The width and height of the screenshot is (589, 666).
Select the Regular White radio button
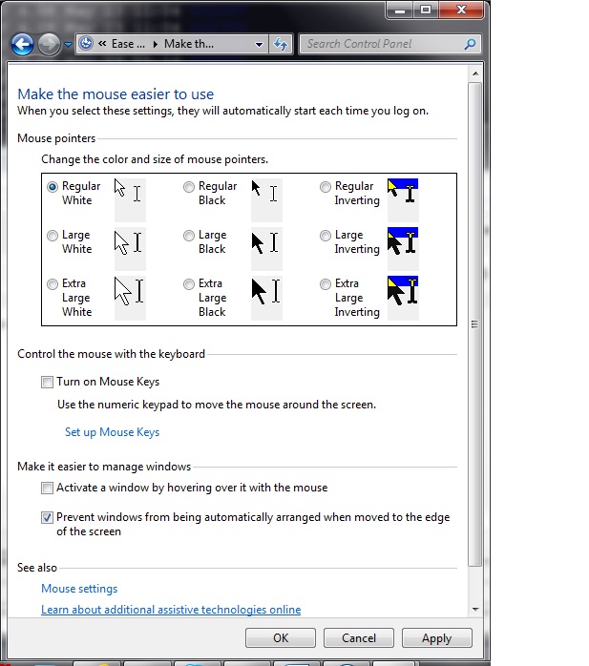(x=53, y=187)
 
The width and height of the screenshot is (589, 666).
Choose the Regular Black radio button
(x=189, y=187)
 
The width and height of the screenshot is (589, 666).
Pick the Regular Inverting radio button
(x=326, y=187)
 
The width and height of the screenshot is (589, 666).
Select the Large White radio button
(x=53, y=236)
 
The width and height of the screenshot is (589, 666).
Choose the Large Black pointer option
(x=189, y=236)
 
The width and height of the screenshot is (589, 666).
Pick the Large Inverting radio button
(x=326, y=236)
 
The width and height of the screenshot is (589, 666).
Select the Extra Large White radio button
(x=53, y=284)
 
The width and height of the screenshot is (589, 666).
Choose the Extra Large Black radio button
(x=189, y=284)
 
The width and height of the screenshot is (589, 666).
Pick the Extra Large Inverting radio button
(x=326, y=284)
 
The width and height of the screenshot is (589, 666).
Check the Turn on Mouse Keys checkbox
(x=48, y=383)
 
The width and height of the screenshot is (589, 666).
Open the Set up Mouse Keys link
(x=112, y=432)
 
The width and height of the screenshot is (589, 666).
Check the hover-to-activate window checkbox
(x=48, y=489)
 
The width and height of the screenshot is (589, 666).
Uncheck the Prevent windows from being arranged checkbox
(x=48, y=518)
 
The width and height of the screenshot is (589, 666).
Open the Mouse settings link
(x=79, y=589)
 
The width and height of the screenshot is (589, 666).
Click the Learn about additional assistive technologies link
(x=171, y=610)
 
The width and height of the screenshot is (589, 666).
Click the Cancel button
(x=359, y=638)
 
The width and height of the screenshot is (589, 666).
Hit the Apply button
(x=436, y=638)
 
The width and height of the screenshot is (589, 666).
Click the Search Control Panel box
(x=382, y=44)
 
